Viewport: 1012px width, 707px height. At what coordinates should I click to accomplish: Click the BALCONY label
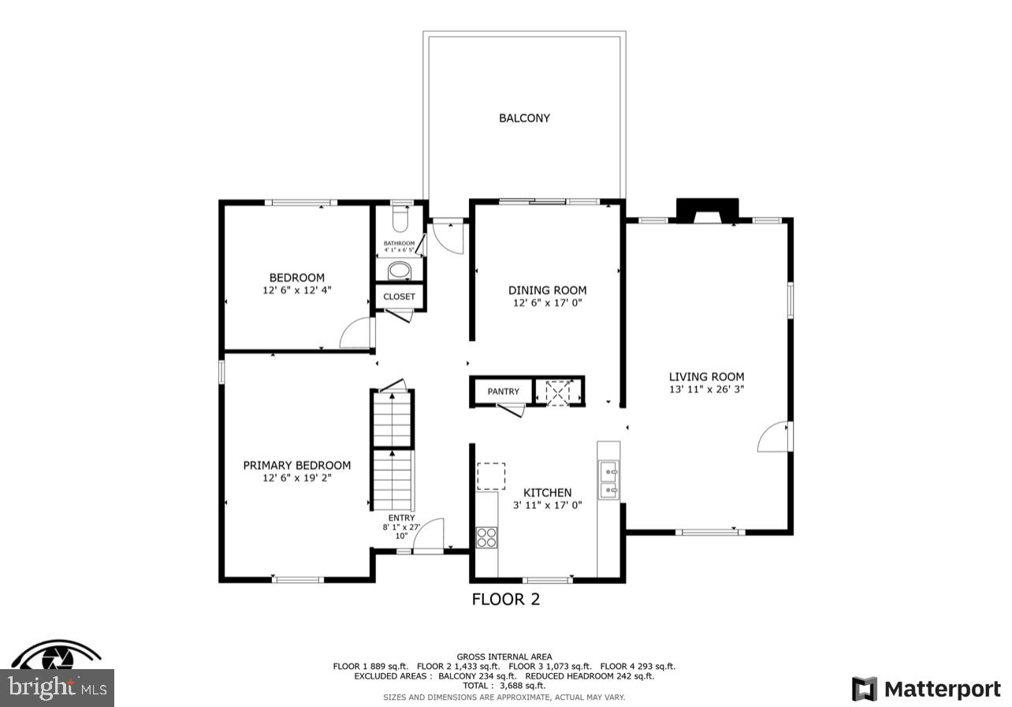[x=524, y=118]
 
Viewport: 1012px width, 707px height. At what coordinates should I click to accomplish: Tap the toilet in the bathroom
[x=400, y=217]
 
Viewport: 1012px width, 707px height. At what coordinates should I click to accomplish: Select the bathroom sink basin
[x=400, y=271]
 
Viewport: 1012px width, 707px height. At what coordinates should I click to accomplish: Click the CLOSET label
[x=400, y=297]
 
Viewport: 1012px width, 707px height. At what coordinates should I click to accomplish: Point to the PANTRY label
[x=503, y=391]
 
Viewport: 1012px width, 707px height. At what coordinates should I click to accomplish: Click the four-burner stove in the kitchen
[x=487, y=537]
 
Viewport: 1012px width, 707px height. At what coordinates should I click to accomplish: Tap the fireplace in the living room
[x=707, y=211]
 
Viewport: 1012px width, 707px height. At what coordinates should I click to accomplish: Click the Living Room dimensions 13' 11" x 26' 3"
[x=706, y=389]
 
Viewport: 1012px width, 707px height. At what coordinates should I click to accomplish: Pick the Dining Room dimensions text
[x=547, y=303]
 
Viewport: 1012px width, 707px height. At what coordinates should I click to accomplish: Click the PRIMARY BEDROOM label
[x=296, y=466]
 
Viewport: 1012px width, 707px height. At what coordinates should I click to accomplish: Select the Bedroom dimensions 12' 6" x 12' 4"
[x=296, y=290]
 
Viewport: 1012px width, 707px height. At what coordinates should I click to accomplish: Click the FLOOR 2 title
[x=505, y=600]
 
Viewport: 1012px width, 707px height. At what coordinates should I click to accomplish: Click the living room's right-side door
[x=774, y=437]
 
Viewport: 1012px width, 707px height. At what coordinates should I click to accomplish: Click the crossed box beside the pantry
[x=559, y=391]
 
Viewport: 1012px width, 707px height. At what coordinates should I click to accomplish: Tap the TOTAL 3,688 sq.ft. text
[x=504, y=686]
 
